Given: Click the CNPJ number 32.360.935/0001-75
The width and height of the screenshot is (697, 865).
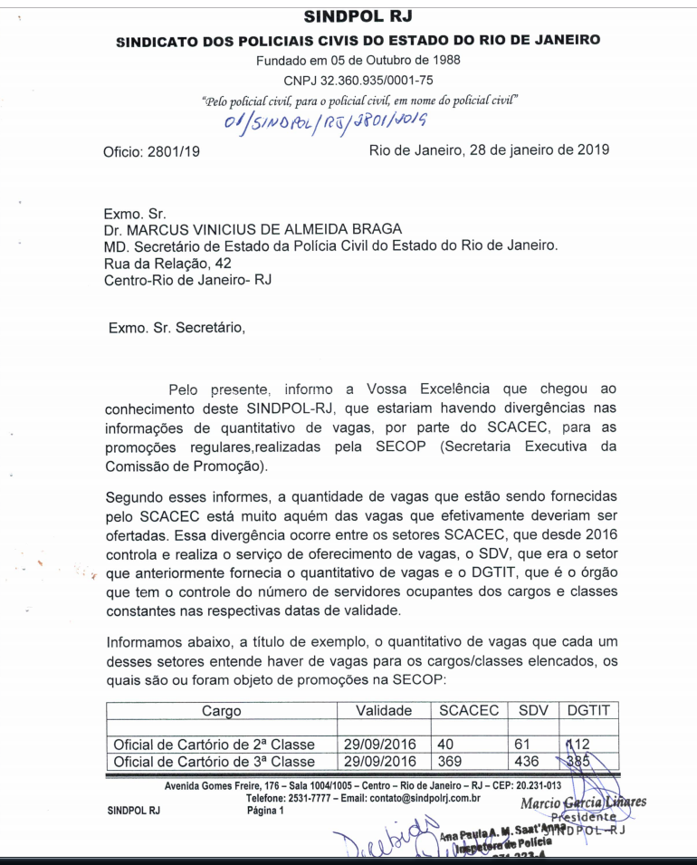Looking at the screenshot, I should tap(358, 81).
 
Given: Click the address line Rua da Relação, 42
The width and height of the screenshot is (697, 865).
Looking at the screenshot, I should tap(167, 263).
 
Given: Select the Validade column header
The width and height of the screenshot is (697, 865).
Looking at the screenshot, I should tap(384, 711).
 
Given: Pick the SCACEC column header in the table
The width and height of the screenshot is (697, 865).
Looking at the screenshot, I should tap(469, 711).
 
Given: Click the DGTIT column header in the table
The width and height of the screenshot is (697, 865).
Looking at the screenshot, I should tap(588, 711).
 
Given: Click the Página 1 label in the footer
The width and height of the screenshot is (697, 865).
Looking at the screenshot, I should tap(265, 810).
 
